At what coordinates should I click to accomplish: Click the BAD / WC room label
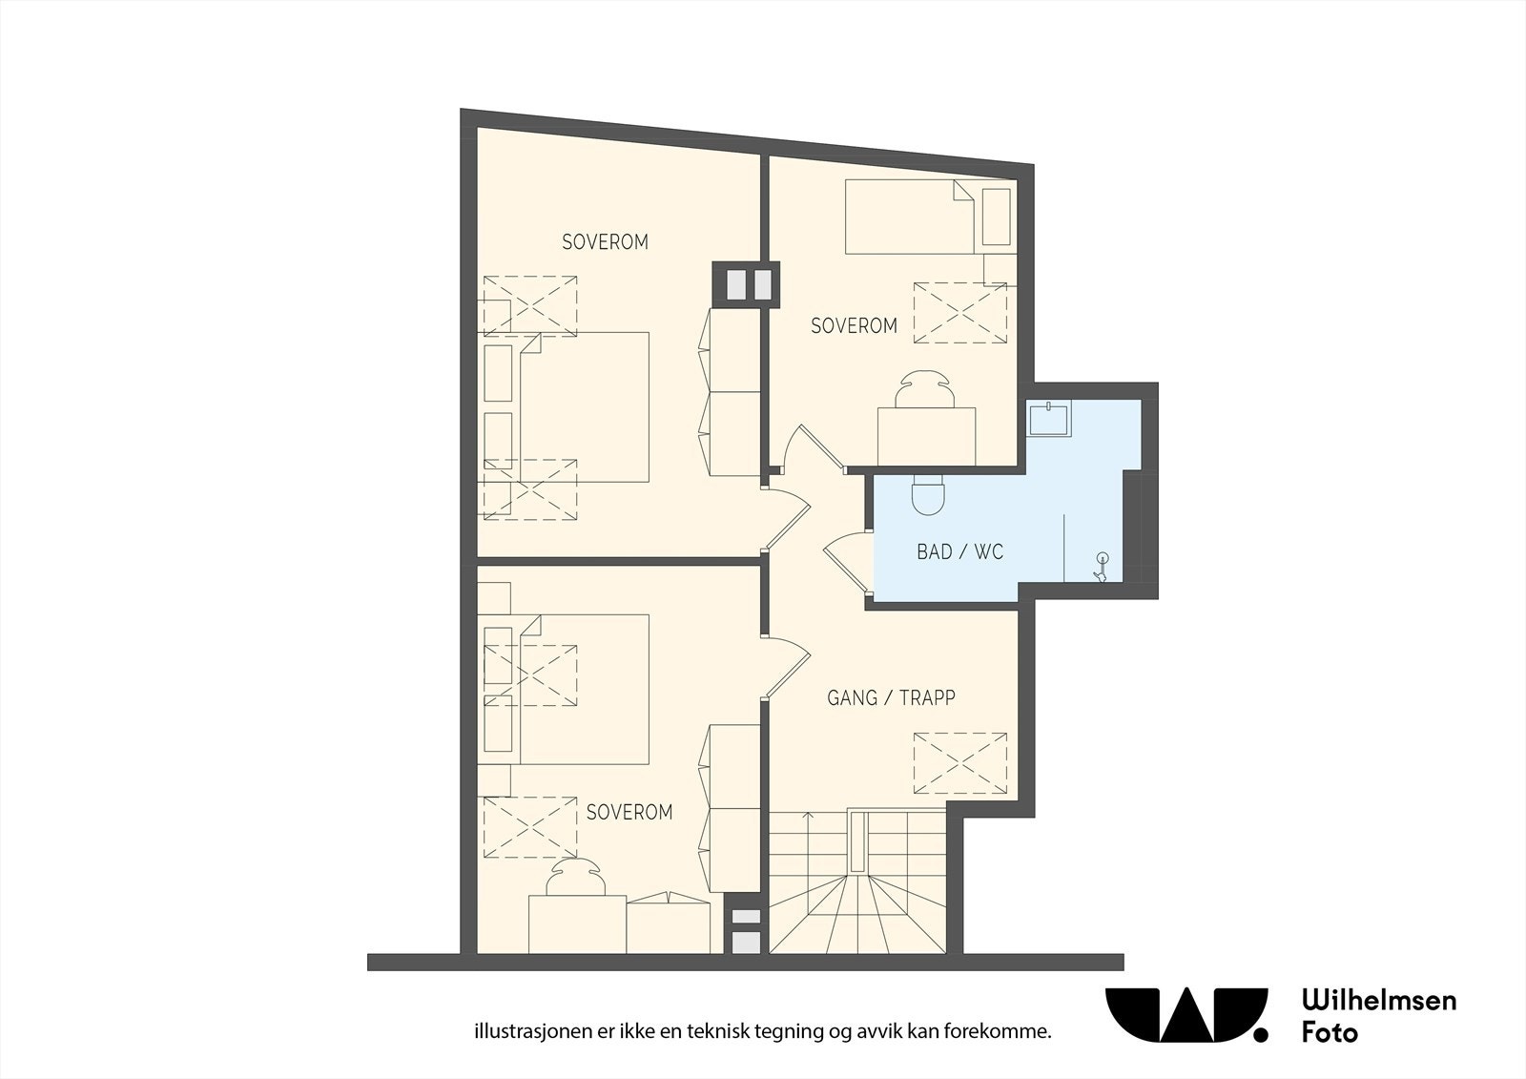click(x=959, y=551)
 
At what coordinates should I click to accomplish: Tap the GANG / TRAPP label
click(x=891, y=697)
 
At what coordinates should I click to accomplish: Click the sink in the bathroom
click(x=1049, y=418)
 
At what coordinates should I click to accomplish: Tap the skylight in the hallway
click(x=959, y=763)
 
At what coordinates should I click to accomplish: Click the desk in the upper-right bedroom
click(x=926, y=437)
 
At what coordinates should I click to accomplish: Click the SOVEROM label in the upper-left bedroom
click(x=605, y=242)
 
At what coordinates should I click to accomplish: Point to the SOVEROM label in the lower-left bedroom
click(x=629, y=812)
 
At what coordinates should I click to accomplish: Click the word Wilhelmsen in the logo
click(x=1379, y=1001)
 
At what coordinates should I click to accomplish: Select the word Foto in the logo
click(x=1330, y=1032)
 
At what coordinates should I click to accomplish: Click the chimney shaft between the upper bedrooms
click(x=746, y=284)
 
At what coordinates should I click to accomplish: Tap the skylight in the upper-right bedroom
click(x=959, y=313)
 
